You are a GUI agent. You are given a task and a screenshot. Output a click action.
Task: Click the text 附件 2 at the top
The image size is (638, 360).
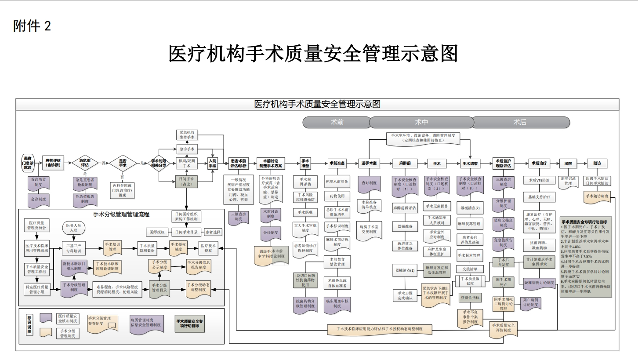pyautogui.click(x=32, y=26)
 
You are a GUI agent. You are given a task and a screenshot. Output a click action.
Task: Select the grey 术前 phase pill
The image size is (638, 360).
pyautogui.click(x=337, y=122)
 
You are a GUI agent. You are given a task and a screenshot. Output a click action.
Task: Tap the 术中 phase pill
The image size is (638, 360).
pyautogui.click(x=421, y=122)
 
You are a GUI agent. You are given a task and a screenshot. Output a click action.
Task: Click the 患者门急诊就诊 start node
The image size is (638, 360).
pyautogui.click(x=28, y=163)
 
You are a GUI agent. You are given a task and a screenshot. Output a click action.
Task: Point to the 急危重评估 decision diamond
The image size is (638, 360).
pyautogui.click(x=85, y=163)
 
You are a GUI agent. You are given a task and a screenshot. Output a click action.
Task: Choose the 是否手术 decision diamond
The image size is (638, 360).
pyautogui.click(x=123, y=163)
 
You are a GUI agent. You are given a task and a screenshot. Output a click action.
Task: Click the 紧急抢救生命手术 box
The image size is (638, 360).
pyautogui.click(x=187, y=135)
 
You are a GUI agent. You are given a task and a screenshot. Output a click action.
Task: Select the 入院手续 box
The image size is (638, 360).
pyautogui.click(x=213, y=163)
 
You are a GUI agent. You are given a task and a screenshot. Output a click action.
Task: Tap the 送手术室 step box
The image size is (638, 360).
pyautogui.click(x=369, y=163)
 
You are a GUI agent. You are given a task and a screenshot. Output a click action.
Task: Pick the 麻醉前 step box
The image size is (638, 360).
pyautogui.click(x=405, y=163)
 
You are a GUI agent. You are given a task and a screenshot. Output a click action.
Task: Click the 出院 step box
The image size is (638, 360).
pyautogui.click(x=568, y=163)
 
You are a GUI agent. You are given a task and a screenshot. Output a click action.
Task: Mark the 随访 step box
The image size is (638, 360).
pyautogui.click(x=597, y=163)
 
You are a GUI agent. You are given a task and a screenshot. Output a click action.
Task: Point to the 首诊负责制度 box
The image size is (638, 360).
pyautogui.click(x=39, y=182)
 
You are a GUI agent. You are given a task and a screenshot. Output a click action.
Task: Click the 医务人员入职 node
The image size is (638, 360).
pyautogui.click(x=73, y=227)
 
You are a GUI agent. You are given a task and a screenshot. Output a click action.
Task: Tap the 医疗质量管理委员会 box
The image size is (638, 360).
pyautogui.click(x=37, y=225)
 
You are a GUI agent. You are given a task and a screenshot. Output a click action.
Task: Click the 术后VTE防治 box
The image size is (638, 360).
pyautogui.click(x=539, y=180)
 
